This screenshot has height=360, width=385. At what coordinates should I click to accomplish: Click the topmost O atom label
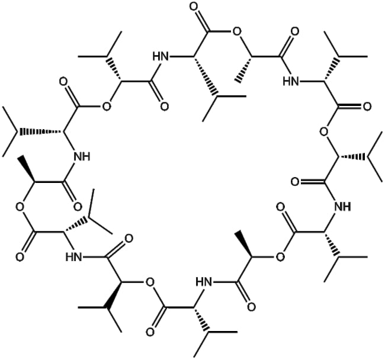194,7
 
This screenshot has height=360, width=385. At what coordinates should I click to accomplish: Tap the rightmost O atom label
367,107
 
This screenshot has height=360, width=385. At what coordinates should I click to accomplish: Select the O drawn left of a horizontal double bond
296,182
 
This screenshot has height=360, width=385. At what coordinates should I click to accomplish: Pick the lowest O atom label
150,332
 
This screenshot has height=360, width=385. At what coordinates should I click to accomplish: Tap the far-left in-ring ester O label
20,207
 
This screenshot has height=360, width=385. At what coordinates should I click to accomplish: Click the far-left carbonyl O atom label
20,257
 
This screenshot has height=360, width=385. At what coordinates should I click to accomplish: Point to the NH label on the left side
82,156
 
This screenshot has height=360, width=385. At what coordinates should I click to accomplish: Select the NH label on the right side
342,207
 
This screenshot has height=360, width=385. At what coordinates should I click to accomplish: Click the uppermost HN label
161,56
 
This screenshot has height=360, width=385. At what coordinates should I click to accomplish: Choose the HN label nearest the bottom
204,282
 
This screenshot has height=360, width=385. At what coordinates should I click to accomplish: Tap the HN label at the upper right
291,81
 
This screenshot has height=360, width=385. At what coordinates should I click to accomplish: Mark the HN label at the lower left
73,257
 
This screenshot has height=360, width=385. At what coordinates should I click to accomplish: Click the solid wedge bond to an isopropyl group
115,294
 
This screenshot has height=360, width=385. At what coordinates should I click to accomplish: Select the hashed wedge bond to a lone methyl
244,69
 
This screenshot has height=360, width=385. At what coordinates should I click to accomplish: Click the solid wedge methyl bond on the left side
28,169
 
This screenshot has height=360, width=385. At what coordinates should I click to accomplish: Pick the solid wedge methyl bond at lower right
243,244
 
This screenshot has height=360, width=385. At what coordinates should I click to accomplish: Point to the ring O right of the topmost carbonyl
237,31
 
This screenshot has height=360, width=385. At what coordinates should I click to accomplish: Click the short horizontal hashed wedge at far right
353,156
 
